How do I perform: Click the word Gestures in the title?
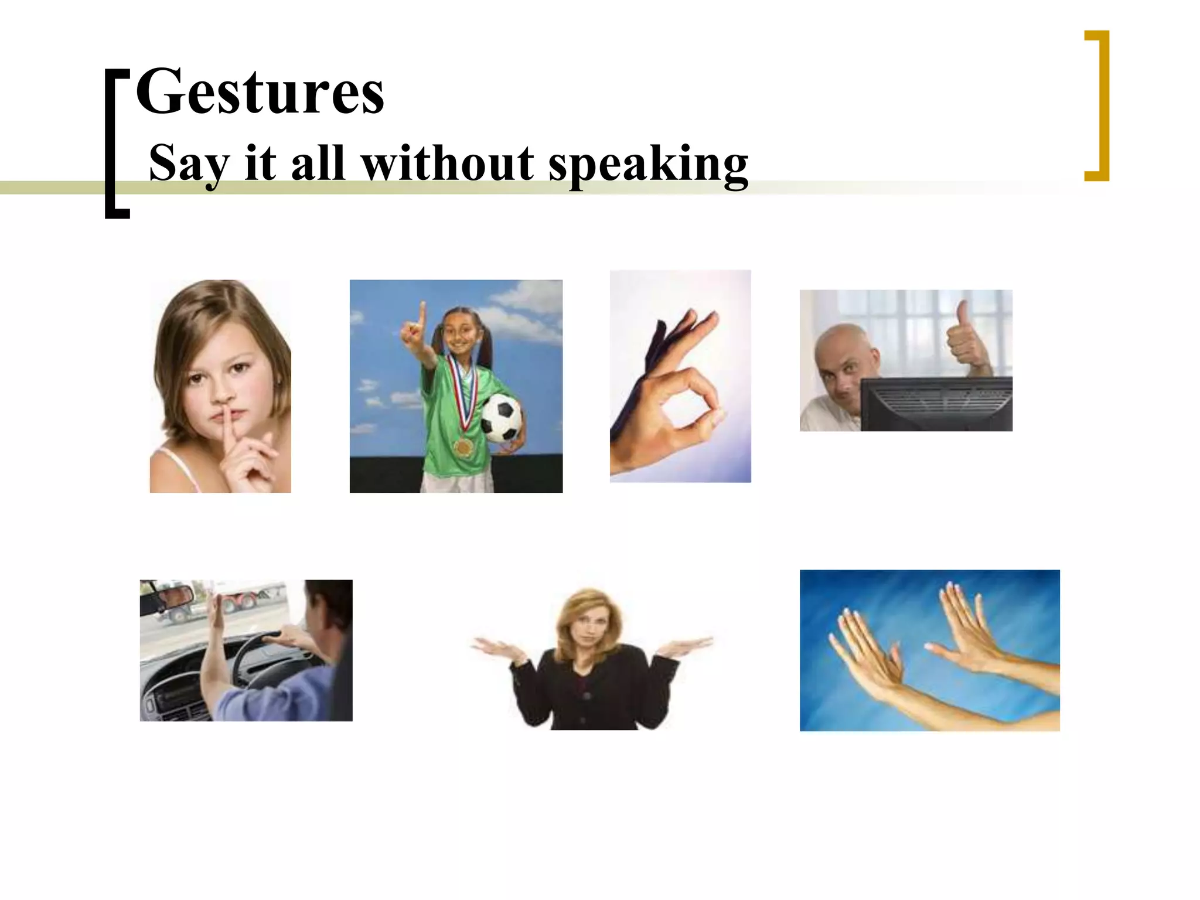(260, 93)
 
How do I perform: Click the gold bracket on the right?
(1104, 105)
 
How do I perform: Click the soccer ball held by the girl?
(501, 417)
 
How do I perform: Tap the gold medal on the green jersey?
(463, 446)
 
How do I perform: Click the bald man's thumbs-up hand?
(963, 337)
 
